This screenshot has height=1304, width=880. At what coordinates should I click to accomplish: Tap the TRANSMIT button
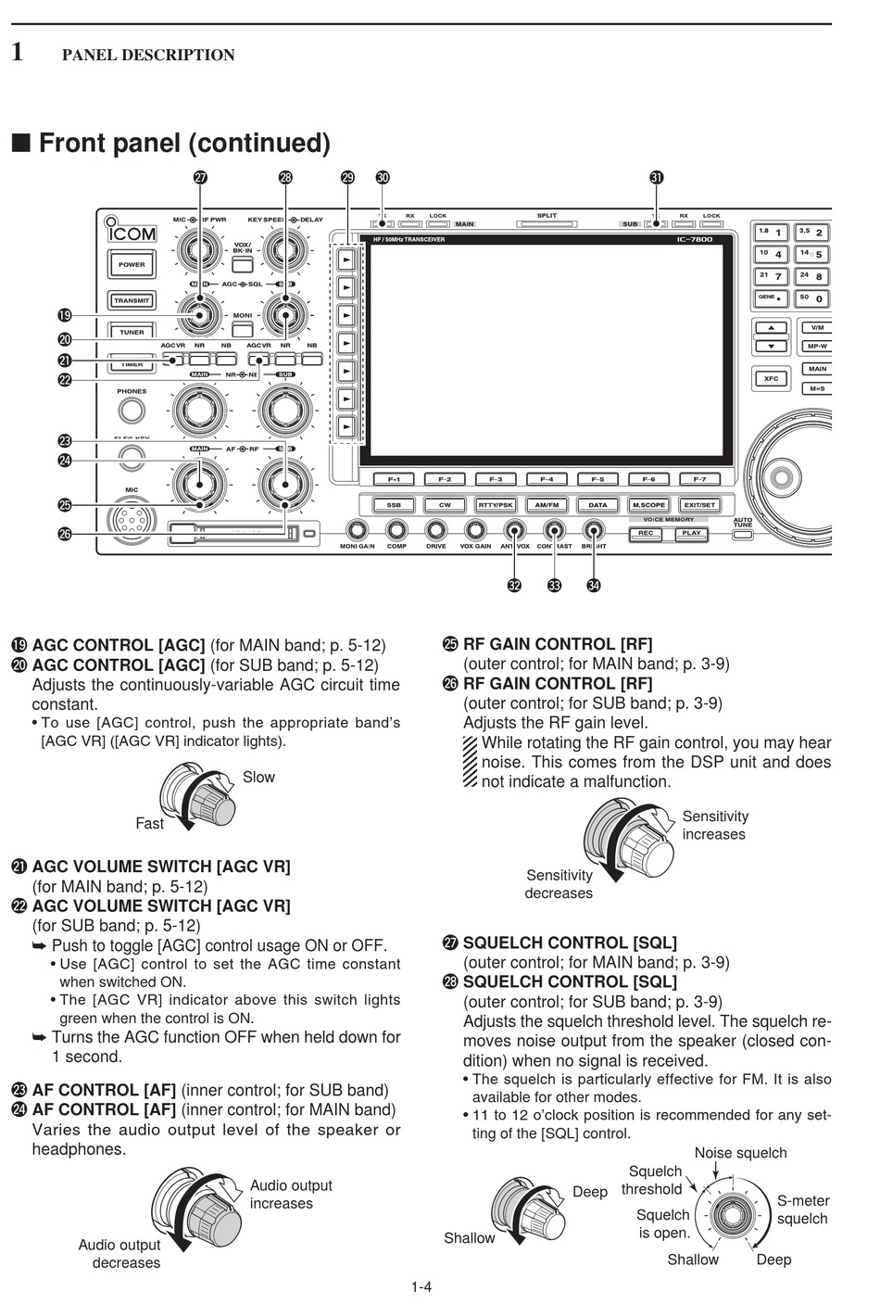132,300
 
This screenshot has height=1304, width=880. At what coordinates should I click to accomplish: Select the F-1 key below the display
394,479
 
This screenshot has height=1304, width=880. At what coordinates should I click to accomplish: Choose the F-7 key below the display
699,479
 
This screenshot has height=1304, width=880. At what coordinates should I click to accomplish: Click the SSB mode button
394,505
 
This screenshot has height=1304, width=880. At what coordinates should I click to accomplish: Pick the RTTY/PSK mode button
496,505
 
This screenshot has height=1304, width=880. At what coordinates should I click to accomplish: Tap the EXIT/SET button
699,505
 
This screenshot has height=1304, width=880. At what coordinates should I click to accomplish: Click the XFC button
771,378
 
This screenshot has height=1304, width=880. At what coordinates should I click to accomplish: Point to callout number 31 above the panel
657,177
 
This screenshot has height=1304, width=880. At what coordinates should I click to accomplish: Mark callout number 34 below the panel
594,585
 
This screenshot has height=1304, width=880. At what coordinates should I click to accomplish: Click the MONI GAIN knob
357,530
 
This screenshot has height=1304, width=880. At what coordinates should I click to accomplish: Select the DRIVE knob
435,530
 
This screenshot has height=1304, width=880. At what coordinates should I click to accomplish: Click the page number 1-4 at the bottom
421,1285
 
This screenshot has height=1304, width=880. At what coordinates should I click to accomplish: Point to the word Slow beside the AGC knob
258,777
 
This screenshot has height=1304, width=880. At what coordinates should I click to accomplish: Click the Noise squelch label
740,1153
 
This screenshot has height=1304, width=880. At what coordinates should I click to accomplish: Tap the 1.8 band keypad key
772,232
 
